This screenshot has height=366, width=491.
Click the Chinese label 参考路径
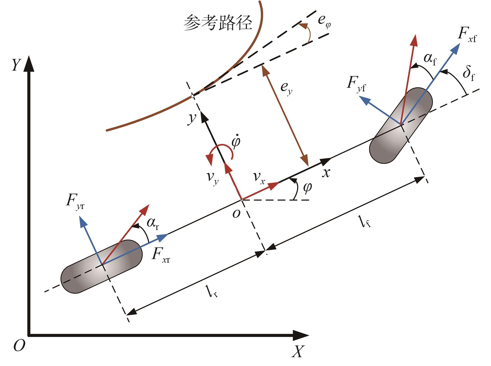tap(218, 23)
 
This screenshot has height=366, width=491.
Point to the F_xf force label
tap(467, 35)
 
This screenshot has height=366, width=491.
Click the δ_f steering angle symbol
tap(469, 74)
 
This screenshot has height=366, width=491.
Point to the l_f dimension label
tap(366, 222)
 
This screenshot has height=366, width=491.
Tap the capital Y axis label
tap(16, 65)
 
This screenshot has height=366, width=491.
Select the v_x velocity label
tap(259, 178)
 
